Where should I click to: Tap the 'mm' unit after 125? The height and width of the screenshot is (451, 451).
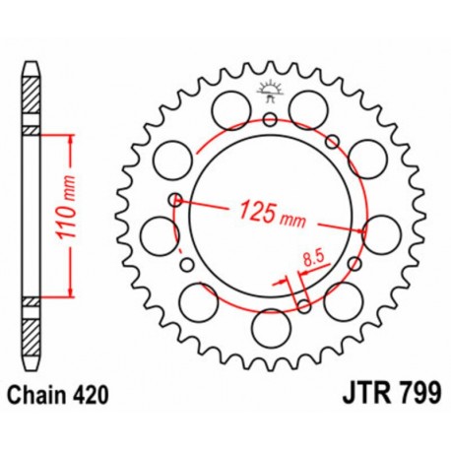(291, 216)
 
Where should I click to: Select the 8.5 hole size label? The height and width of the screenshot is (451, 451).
(313, 260)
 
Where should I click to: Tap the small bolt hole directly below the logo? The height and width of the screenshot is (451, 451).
(269, 119)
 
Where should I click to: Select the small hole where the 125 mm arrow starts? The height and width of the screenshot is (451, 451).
(175, 200)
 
